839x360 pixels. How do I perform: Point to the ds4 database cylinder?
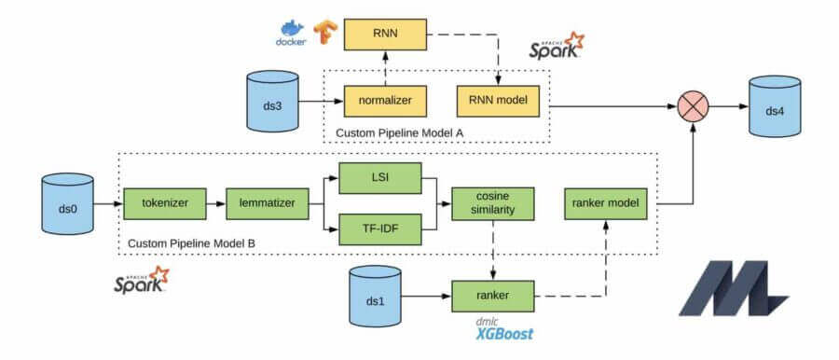[775, 108]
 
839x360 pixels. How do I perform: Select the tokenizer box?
[161, 201]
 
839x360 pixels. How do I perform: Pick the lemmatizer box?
[265, 201]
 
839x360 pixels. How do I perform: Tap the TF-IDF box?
[378, 227]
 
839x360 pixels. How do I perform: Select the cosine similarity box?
[492, 204]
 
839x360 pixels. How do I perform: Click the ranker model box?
[605, 204]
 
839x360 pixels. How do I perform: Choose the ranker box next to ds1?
[492, 296]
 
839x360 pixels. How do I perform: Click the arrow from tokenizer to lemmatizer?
[213, 201]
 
